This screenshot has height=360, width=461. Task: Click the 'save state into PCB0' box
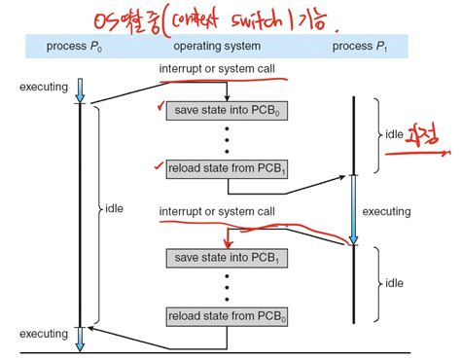point(228,110)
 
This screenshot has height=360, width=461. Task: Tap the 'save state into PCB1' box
point(228,258)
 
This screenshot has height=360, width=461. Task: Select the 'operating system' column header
point(216,47)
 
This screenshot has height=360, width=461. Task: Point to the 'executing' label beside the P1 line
point(388,210)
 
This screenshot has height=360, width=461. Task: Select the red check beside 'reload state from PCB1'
point(159,165)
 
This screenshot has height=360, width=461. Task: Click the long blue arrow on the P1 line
point(355,209)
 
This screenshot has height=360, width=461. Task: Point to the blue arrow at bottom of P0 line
point(81,335)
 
